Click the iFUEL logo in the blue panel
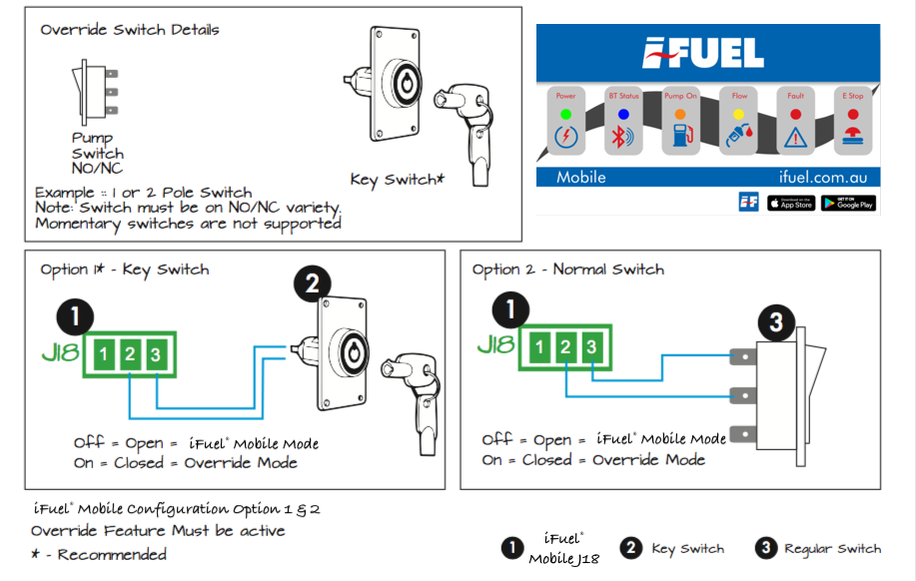pos(703,53)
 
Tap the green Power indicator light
pos(565,114)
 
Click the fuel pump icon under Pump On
pos(681,138)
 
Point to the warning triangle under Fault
pos(796,138)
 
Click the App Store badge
pos(791,203)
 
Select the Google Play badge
pos(848,203)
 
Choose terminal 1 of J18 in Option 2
pos(539,347)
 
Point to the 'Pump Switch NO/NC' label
pos(98,154)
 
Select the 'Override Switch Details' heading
pos(130,30)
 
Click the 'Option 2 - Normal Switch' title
pos(567,270)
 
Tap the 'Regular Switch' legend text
pos(832,548)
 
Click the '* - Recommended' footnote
pos(99,554)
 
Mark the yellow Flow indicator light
pos(739,114)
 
